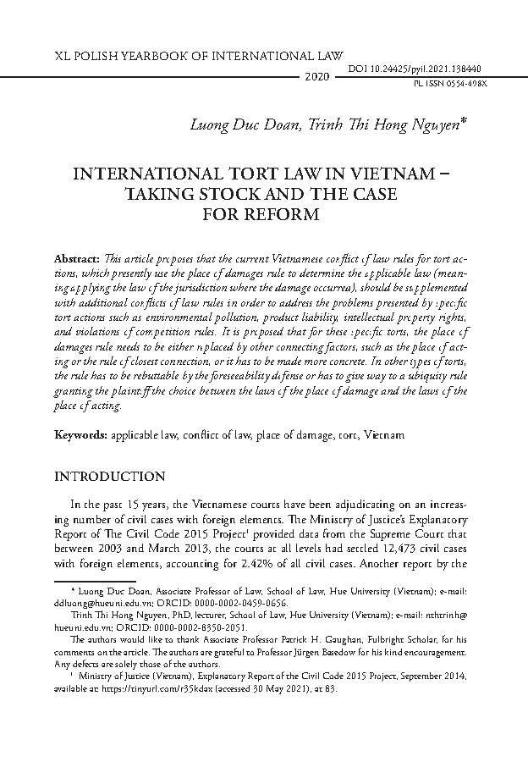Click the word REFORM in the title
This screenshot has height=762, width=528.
[283, 214]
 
